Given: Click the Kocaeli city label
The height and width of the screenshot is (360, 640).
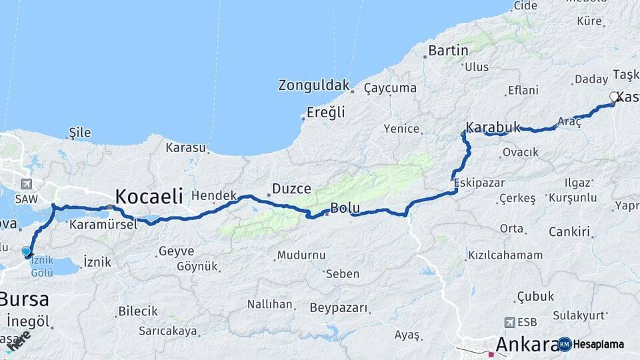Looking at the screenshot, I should click(149, 196).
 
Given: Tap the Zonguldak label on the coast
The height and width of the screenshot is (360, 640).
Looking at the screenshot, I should click(313, 85).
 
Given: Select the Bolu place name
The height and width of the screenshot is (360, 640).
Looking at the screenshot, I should click(345, 208).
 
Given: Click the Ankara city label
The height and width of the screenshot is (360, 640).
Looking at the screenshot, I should click(527, 345).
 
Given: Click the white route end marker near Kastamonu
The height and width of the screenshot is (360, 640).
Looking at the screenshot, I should click(614, 97).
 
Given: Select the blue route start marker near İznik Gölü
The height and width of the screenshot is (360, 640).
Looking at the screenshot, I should click(26, 251).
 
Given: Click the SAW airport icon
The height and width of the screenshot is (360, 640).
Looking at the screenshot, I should click(27, 185).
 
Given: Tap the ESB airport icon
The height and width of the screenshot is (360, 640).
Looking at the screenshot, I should click(510, 322).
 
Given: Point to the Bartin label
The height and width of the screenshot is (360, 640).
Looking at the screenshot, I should click(448, 50).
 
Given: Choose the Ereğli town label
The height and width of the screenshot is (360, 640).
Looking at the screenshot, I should click(325, 112).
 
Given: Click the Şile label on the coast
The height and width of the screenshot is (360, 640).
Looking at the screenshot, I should click(80, 133).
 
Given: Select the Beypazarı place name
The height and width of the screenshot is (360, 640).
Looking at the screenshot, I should click(339, 308).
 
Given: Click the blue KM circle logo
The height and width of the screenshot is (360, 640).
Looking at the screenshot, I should click(565, 344).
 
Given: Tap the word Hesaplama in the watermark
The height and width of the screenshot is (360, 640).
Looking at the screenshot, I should click(599, 345).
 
